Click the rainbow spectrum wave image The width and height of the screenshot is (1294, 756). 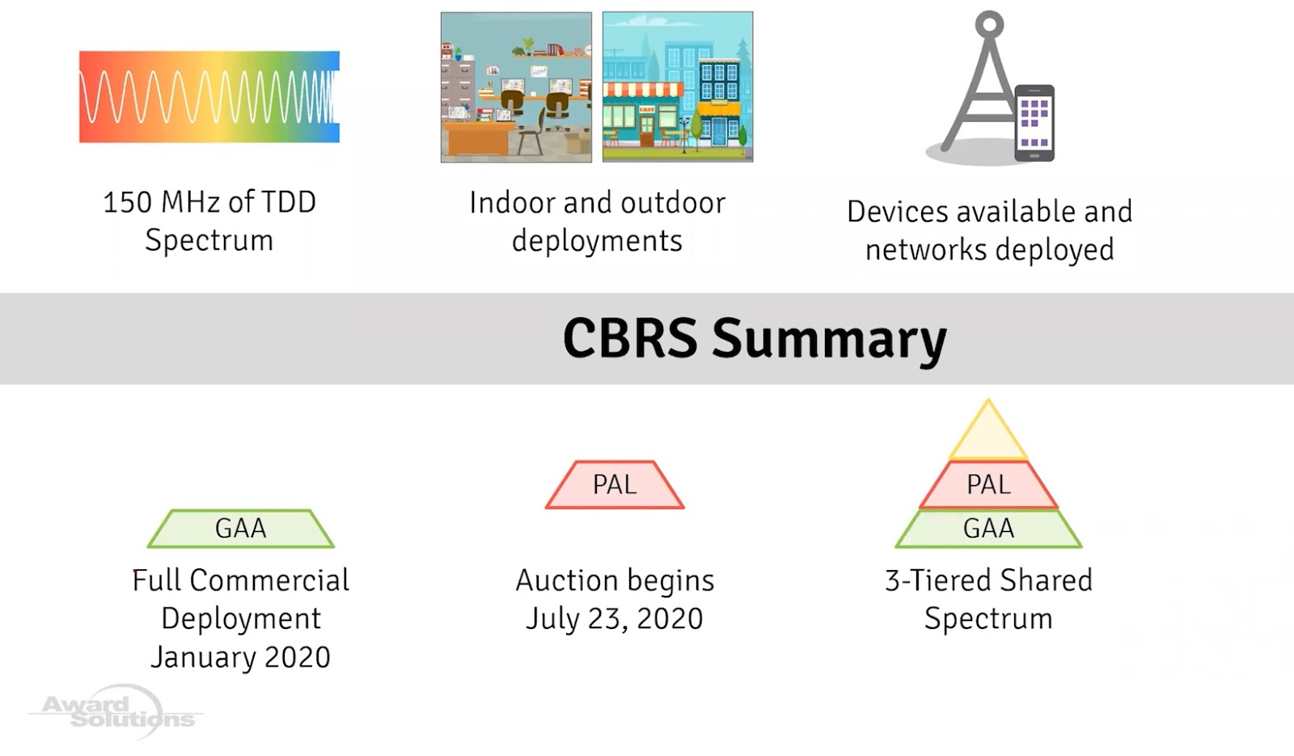209,97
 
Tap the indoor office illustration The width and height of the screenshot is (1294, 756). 516,87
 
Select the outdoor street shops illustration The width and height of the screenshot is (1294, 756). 678,87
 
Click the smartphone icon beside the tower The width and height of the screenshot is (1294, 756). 1034,122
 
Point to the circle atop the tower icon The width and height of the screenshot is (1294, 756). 988,23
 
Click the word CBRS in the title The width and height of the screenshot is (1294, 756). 629,338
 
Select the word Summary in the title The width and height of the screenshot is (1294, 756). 828,340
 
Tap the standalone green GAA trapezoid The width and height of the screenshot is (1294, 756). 240,529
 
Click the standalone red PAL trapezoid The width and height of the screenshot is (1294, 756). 615,485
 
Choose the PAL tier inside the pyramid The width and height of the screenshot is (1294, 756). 988,485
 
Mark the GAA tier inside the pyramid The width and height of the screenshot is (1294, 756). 988,529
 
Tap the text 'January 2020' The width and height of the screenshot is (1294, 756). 240,657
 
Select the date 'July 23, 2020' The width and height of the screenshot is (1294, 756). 615,619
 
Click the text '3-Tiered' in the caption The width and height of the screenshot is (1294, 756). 938,581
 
